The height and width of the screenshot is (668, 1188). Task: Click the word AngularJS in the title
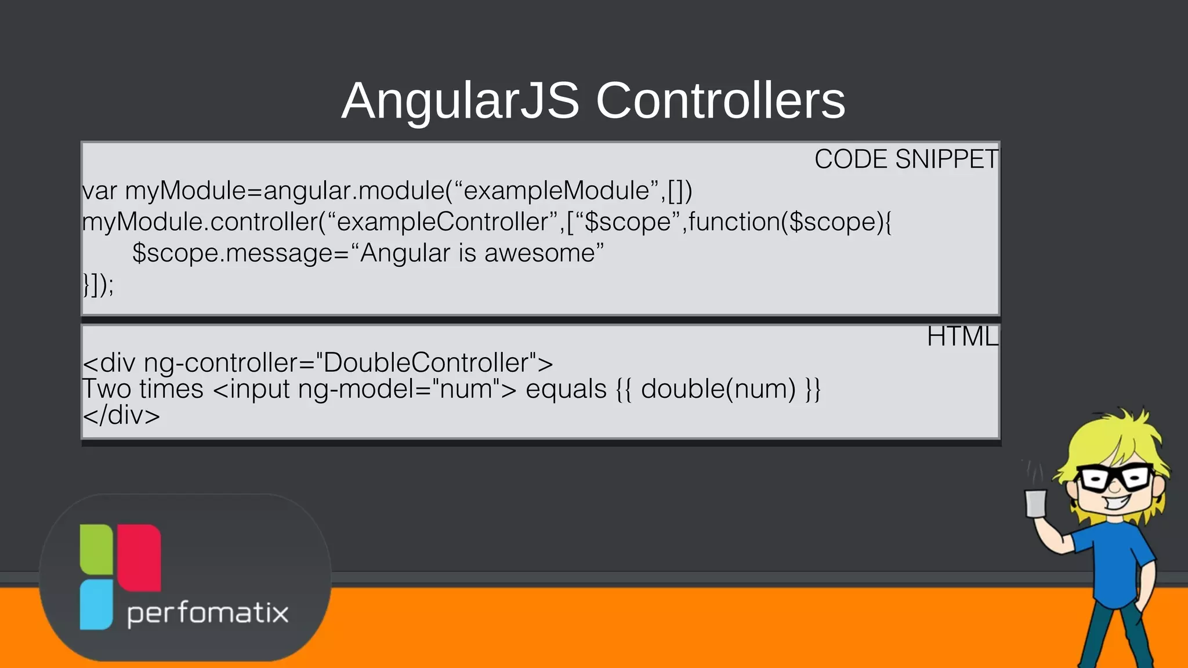pos(460,101)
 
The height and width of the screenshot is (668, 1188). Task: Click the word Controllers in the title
pos(720,101)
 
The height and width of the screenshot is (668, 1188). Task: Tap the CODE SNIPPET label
pos(906,159)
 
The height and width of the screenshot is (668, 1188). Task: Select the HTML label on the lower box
pos(962,337)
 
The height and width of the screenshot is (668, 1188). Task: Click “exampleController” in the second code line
pos(442,222)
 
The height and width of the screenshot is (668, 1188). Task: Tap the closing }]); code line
pos(98,285)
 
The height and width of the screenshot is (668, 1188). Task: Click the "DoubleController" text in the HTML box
pos(426,363)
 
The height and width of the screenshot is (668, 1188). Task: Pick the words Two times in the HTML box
pos(143,389)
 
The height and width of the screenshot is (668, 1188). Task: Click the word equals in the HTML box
pos(566,389)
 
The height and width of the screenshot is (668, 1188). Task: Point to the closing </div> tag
pos(121,416)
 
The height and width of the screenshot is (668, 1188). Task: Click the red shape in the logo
pos(140,557)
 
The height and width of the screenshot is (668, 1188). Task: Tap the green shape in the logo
pos(96,549)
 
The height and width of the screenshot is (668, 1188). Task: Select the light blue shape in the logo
pos(96,604)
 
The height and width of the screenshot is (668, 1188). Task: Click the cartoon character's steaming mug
pos(1035,503)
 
